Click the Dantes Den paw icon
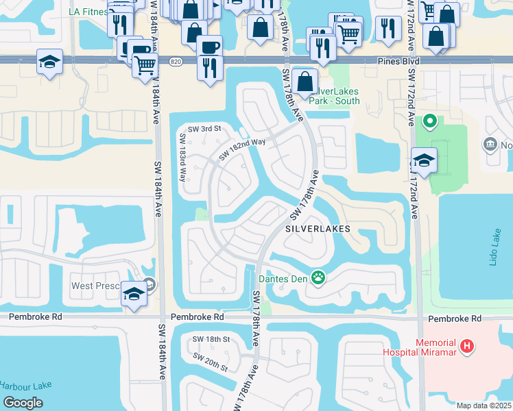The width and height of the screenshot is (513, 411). point(318,278)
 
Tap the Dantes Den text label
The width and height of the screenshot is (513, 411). point(283,279)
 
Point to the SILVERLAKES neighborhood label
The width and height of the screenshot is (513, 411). point(318,229)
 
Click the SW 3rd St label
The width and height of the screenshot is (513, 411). point(205,129)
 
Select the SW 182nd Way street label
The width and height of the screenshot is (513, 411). point(241,149)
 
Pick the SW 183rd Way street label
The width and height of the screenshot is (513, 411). point(183,156)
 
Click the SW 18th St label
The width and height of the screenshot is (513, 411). point(210,340)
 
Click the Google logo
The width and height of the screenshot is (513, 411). point(23,403)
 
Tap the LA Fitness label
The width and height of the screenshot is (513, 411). point(88,12)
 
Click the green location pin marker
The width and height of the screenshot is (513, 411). point(430,121)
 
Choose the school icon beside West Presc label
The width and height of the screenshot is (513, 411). point(134,295)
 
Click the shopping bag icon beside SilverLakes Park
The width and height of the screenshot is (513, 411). point(305,80)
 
